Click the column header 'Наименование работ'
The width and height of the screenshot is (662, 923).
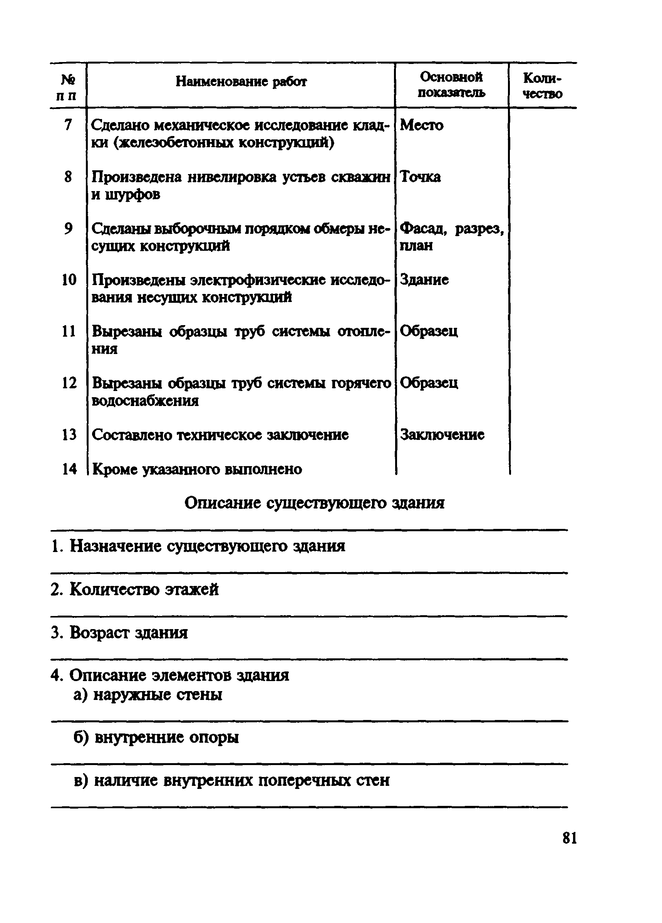tap(241, 82)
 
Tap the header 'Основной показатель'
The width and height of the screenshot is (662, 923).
tap(451, 85)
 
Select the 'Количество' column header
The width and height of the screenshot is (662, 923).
tap(542, 86)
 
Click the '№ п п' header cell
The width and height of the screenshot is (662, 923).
tap(67, 87)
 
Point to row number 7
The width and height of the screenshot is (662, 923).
tap(68, 124)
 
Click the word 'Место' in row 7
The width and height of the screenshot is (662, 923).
tap(422, 125)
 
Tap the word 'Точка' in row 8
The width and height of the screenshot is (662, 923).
tap(420, 176)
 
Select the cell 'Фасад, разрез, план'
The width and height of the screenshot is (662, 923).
tap(451, 237)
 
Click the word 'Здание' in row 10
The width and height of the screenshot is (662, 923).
tap(424, 280)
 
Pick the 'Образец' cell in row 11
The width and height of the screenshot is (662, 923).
tap(429, 331)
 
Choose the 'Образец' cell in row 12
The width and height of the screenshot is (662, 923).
tap(429, 383)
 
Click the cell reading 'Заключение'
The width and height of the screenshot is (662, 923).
tap(442, 435)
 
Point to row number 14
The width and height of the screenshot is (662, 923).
tap(69, 469)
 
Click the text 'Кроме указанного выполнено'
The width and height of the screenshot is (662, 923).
tap(197, 469)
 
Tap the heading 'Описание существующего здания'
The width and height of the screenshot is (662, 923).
tap(314, 503)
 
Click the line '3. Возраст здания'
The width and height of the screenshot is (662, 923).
tap(119, 633)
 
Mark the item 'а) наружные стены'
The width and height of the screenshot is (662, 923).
tap(148, 694)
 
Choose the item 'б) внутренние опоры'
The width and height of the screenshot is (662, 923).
tap(156, 737)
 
